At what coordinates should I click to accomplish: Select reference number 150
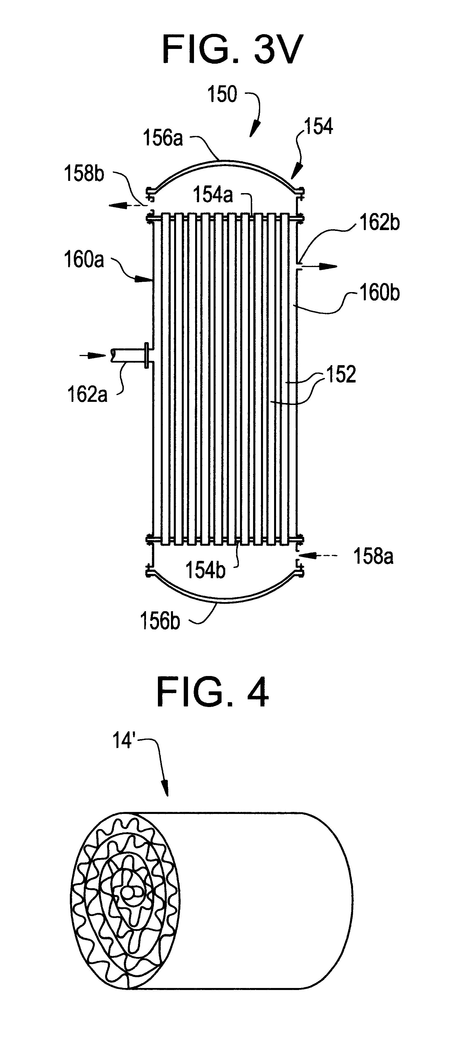222,94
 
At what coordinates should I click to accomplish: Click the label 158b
84,174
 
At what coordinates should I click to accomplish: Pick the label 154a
213,195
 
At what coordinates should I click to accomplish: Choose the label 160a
84,260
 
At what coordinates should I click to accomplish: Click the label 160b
379,293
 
